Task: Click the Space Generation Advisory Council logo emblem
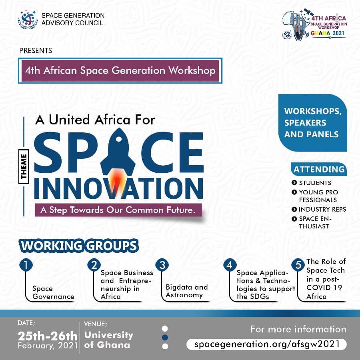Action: click(28, 20)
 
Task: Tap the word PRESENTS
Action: click(36, 50)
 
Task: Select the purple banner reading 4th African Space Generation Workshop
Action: click(120, 70)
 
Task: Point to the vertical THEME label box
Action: click(24, 166)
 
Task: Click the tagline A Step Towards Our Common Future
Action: click(118, 210)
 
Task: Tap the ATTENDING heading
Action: click(319, 169)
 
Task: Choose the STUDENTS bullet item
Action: click(311, 183)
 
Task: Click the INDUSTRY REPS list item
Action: click(319, 209)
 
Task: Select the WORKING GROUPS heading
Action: click(79, 246)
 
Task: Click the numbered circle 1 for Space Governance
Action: click(26, 265)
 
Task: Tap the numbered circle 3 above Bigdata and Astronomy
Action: click(162, 265)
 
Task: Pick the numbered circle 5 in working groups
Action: click(298, 265)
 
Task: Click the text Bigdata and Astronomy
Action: click(187, 291)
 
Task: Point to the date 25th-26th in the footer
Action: click(48, 336)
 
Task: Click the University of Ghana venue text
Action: click(108, 340)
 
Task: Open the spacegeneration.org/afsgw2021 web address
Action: click(266, 344)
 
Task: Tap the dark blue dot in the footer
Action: click(165, 337)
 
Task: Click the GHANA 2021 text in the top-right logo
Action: click(328, 33)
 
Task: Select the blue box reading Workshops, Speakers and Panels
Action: click(312, 123)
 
